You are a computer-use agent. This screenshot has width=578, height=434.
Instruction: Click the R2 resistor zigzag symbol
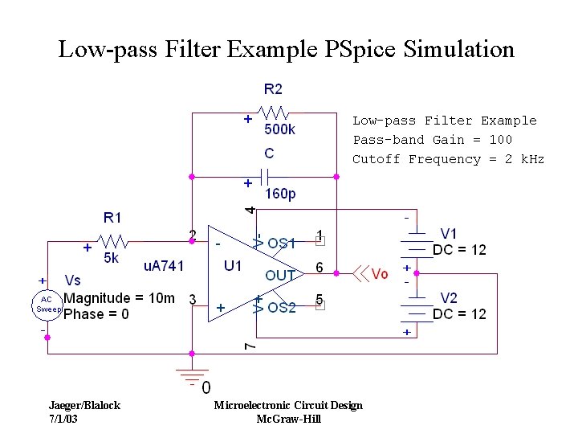[273, 113]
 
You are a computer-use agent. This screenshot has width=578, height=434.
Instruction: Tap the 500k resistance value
[279, 129]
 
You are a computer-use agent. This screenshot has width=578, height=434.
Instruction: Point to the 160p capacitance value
[280, 194]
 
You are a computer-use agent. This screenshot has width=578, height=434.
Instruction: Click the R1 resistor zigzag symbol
[112, 242]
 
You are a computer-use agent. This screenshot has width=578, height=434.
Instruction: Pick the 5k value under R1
[112, 259]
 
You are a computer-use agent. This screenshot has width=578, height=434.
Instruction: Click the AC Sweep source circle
[47, 305]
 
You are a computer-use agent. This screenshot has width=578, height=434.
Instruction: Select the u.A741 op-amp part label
[164, 265]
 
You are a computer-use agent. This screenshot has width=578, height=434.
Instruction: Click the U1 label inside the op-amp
[234, 265]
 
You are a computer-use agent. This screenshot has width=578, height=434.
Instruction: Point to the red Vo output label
[380, 274]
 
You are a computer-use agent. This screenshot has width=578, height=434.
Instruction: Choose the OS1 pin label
[282, 243]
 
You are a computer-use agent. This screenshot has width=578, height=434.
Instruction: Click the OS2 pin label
[282, 307]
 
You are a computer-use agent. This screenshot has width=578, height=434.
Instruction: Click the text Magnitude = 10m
[119, 298]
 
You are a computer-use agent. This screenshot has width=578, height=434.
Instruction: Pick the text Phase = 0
[96, 314]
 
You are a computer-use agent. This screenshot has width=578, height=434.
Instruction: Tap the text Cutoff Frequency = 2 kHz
[448, 159]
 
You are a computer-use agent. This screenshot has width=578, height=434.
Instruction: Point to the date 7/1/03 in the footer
[63, 419]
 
